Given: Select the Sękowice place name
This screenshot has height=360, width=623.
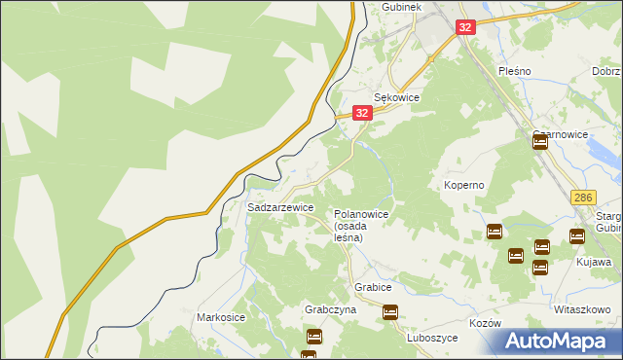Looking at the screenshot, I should (x=397, y=98).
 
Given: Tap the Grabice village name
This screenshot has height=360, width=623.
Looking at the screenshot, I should (x=373, y=288).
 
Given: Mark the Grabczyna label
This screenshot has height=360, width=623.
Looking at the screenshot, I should (x=330, y=309).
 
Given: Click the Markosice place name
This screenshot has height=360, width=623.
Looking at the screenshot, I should (x=223, y=317).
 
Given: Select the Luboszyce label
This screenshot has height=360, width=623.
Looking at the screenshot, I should (x=433, y=338).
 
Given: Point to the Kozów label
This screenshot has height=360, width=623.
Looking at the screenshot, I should (x=484, y=323).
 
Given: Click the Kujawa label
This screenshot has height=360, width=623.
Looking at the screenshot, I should (x=594, y=262).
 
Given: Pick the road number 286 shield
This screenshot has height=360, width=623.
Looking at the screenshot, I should (x=583, y=197).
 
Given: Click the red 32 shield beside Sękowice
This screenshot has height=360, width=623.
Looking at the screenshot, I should (x=362, y=113).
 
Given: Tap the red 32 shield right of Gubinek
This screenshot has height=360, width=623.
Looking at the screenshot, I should (x=465, y=27).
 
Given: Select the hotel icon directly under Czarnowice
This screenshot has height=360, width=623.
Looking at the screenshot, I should (x=540, y=142).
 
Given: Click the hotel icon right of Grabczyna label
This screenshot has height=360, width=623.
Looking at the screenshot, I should (x=390, y=312).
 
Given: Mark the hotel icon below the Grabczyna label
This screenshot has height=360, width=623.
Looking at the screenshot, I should (x=314, y=337).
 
